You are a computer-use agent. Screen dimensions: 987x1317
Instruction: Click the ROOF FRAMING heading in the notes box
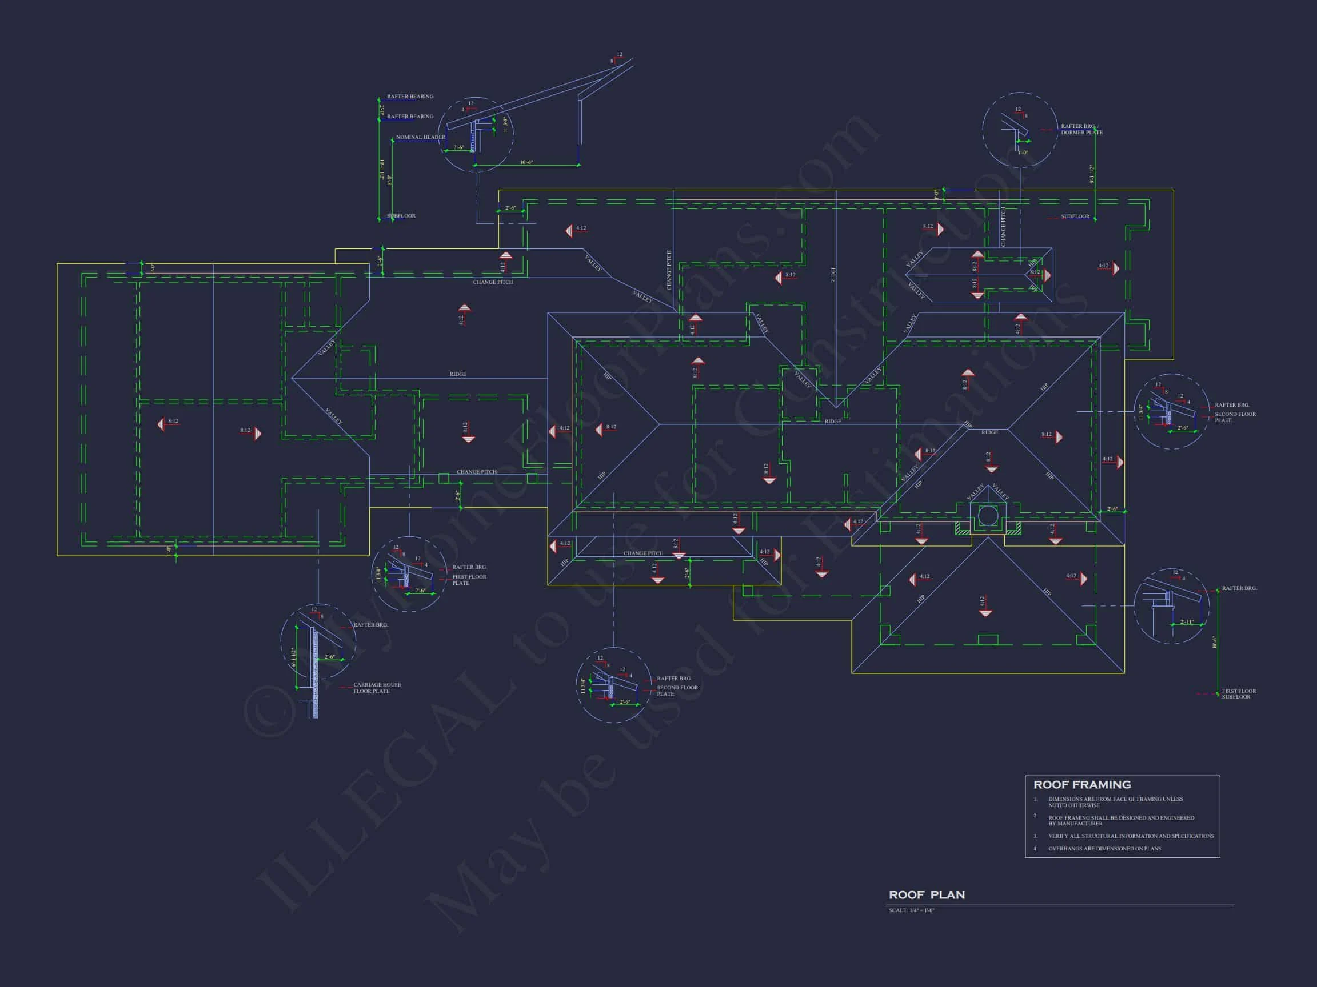coord(1082,785)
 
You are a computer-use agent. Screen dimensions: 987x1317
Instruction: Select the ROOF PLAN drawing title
coord(927,895)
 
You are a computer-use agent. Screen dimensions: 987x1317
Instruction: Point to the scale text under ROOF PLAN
coord(912,910)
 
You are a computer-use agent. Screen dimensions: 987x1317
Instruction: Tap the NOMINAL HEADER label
coord(420,137)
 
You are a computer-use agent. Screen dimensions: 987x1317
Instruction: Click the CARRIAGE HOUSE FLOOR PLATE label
coord(377,688)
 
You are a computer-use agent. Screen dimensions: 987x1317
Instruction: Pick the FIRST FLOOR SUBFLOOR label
coord(1239,693)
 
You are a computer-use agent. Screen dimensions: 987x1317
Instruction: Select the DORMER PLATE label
coord(1081,132)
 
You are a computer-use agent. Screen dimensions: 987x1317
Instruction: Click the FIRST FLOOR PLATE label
coord(469,580)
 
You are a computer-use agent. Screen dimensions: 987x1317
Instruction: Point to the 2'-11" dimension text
coord(1187,623)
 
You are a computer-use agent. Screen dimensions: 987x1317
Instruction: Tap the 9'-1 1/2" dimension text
coord(1092,174)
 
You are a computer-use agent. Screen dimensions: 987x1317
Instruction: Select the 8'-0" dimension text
coord(390,180)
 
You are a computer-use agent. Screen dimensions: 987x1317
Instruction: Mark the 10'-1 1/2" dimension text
coord(382,170)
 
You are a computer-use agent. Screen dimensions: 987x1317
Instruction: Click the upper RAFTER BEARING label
coord(410,97)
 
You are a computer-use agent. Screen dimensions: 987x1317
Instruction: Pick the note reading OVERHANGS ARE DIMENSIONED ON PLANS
coord(1104,848)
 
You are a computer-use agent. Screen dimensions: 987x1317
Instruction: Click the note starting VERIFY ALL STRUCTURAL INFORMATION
coord(1131,836)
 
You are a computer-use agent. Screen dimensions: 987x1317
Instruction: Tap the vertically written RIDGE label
coord(833,275)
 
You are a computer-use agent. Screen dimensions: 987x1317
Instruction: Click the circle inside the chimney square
coord(987,515)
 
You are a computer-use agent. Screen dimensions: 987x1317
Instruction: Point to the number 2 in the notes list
coord(1035,816)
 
